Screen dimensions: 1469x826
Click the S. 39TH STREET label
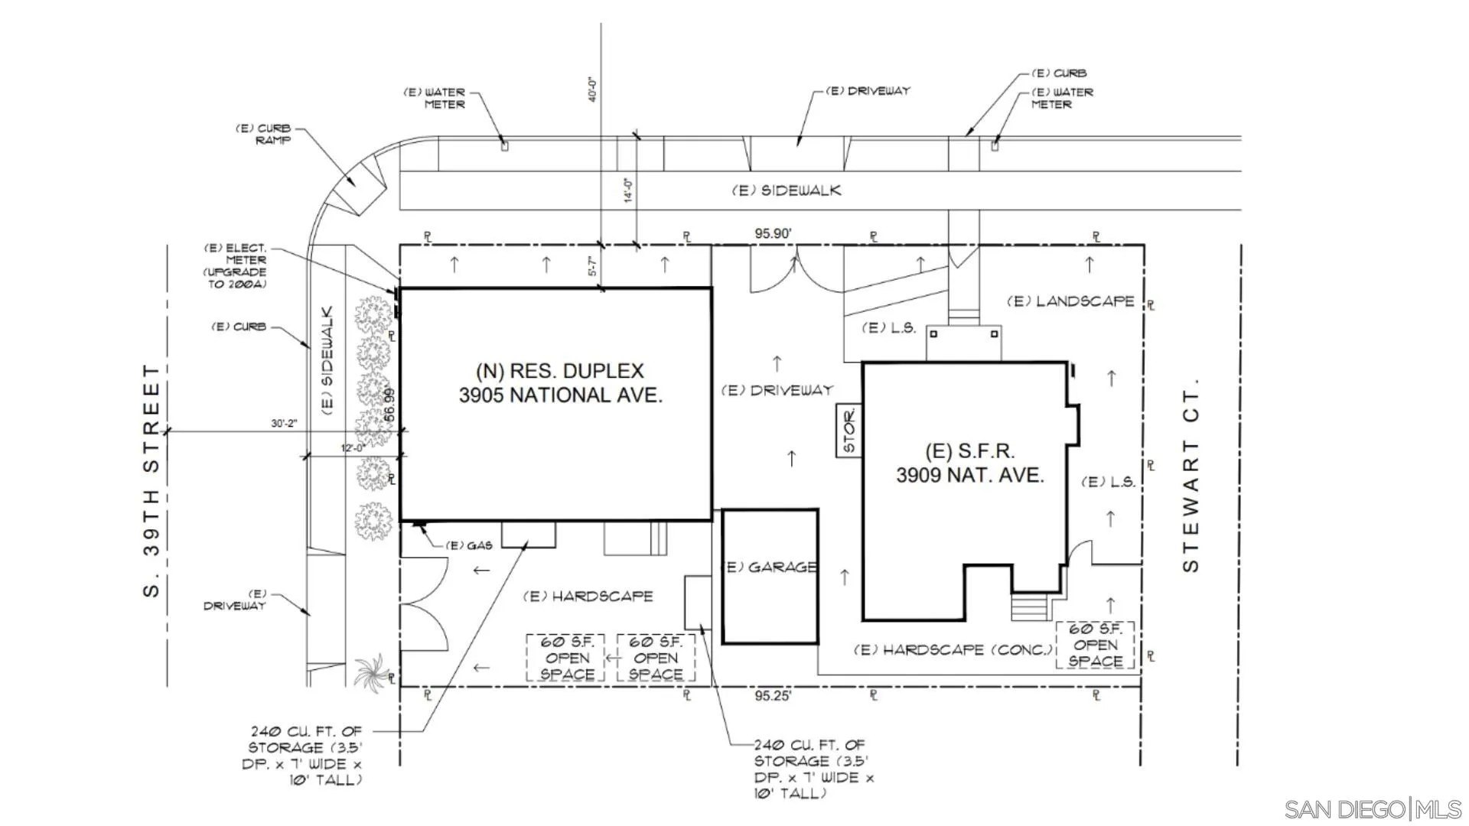point(152,480)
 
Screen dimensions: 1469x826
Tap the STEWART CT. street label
point(1191,475)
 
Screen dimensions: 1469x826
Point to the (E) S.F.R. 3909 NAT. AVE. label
point(970,463)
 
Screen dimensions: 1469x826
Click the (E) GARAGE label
point(770,567)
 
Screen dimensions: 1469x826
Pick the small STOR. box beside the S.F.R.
point(849,431)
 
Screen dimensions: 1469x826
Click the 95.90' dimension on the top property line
point(773,233)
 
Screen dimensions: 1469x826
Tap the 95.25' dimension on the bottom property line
point(773,696)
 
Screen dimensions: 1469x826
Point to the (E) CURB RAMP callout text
point(263,135)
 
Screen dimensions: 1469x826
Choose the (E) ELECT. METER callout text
point(236,266)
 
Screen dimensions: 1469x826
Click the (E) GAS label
point(469,545)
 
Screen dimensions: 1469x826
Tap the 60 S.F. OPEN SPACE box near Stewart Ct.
point(1095,645)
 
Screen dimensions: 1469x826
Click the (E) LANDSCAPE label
point(1071,301)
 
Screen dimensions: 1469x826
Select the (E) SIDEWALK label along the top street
point(787,190)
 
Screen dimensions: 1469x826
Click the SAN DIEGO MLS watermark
point(1373,809)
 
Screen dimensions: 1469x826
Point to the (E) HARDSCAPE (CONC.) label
point(953,650)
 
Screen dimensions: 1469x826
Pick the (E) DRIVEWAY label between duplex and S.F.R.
point(777,391)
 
